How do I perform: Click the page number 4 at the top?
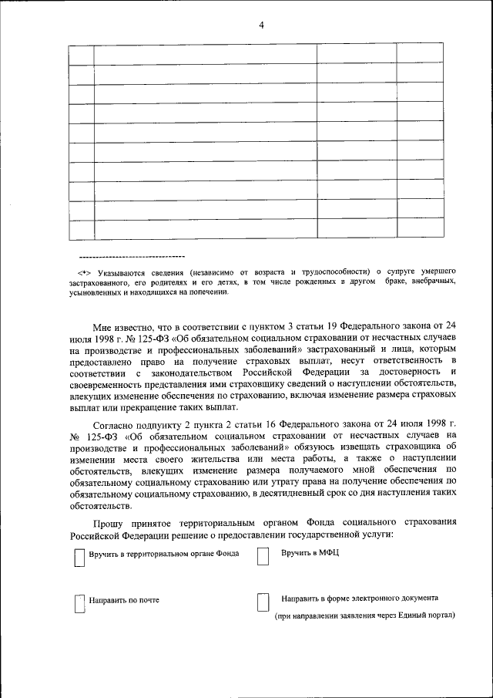click(261, 25)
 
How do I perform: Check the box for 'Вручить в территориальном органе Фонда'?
click(78, 557)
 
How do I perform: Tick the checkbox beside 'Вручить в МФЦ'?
click(263, 557)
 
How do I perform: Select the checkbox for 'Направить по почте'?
click(78, 602)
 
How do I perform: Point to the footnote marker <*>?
click(84, 272)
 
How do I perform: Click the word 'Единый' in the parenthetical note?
click(404, 616)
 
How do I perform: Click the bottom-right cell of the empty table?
click(420, 229)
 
